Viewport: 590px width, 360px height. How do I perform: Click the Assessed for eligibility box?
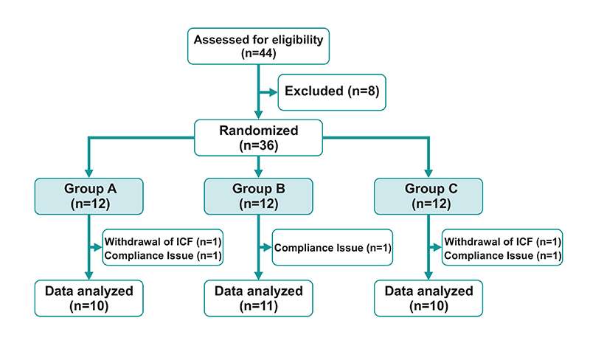pos(257,46)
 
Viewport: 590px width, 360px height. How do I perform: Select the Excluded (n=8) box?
pos(330,91)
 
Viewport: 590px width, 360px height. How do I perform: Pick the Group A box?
pos(88,194)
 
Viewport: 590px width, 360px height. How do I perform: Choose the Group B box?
pos(257,194)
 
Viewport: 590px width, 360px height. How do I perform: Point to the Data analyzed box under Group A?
pos(88,298)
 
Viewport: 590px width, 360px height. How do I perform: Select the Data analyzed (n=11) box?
pos(257,298)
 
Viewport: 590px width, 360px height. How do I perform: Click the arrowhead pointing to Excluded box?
pos(271,92)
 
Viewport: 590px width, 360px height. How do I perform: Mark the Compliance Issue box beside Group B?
pos(332,247)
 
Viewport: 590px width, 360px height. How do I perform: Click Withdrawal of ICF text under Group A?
pos(162,241)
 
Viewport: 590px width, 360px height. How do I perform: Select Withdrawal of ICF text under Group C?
pos(503,241)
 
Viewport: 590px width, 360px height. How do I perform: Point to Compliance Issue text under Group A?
pos(162,255)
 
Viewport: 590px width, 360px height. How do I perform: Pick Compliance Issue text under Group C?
pos(503,255)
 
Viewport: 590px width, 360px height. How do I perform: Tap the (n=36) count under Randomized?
pos(257,146)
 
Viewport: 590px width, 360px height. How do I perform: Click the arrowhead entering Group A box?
pos(88,173)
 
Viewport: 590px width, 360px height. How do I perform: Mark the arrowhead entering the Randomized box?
pos(257,116)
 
